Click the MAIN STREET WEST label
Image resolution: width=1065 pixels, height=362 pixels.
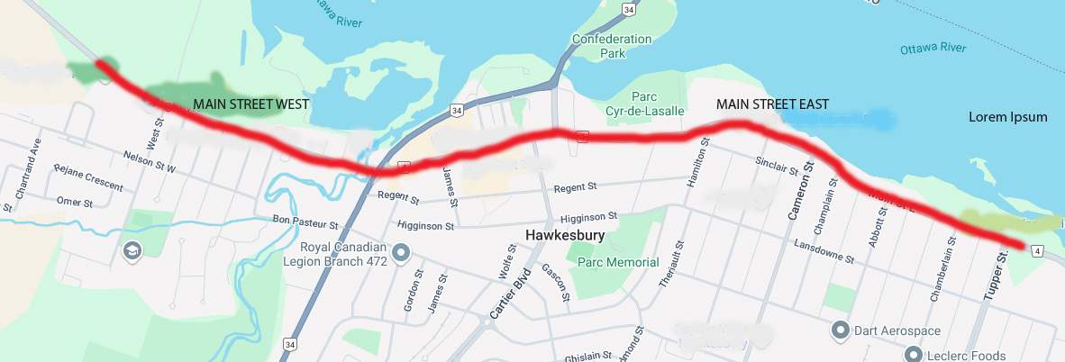250,104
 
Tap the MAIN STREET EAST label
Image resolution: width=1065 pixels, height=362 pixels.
772,104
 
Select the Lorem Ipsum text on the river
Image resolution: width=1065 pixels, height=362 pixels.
1007,117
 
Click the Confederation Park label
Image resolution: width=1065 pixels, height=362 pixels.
611,46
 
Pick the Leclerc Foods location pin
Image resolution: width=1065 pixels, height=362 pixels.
915,354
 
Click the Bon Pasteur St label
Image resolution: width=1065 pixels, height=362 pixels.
304,222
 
